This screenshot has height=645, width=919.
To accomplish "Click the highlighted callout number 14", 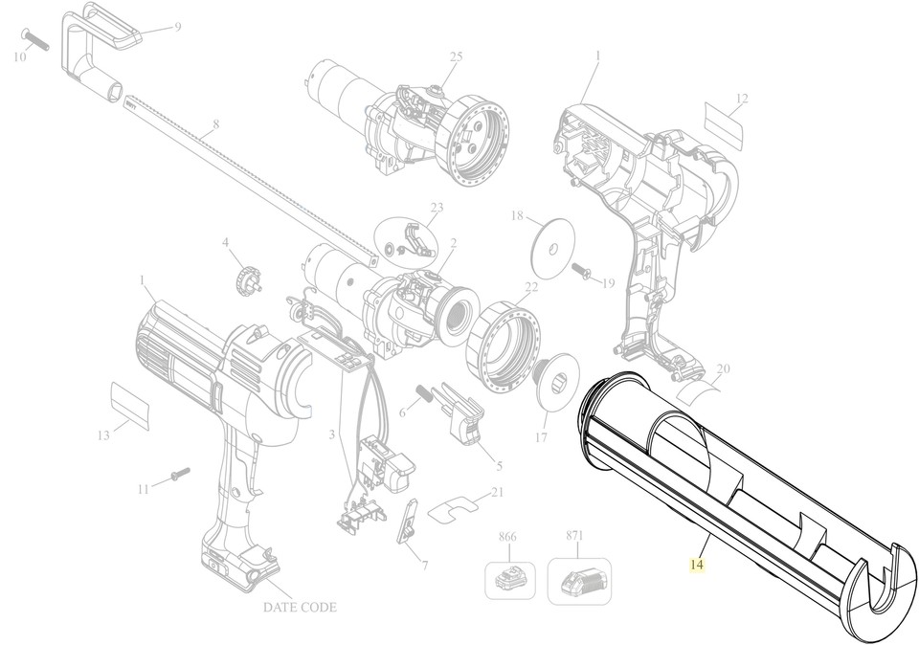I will (x=696, y=566).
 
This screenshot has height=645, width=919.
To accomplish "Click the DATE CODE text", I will (x=300, y=607).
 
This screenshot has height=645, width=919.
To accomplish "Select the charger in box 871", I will (x=580, y=579).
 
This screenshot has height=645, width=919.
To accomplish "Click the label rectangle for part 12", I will (x=724, y=123).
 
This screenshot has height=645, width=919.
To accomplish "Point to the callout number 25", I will (x=456, y=57).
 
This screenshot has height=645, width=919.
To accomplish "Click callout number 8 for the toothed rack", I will (x=216, y=123).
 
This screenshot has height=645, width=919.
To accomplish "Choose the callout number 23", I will (x=437, y=208).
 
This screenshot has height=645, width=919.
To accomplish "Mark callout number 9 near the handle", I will (x=176, y=27).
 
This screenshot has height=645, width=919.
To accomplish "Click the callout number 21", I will (x=496, y=492).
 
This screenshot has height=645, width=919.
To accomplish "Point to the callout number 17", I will (x=541, y=438).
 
